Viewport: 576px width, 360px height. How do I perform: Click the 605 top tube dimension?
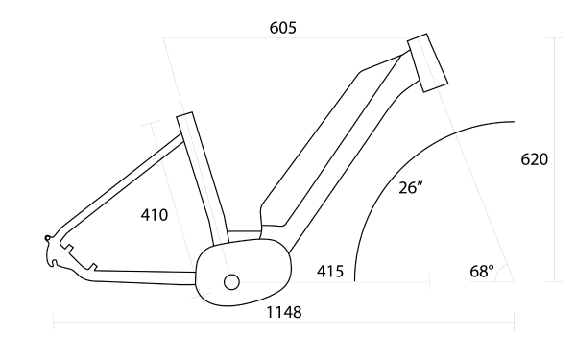tap(283, 28)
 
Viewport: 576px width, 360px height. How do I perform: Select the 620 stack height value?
tap(533, 159)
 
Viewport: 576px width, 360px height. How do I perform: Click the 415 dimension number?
tap(331, 272)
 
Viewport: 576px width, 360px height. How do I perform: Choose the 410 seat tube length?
tap(153, 214)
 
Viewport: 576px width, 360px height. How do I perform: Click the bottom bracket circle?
tap(230, 281)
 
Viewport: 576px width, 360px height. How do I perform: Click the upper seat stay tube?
tap(120, 187)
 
